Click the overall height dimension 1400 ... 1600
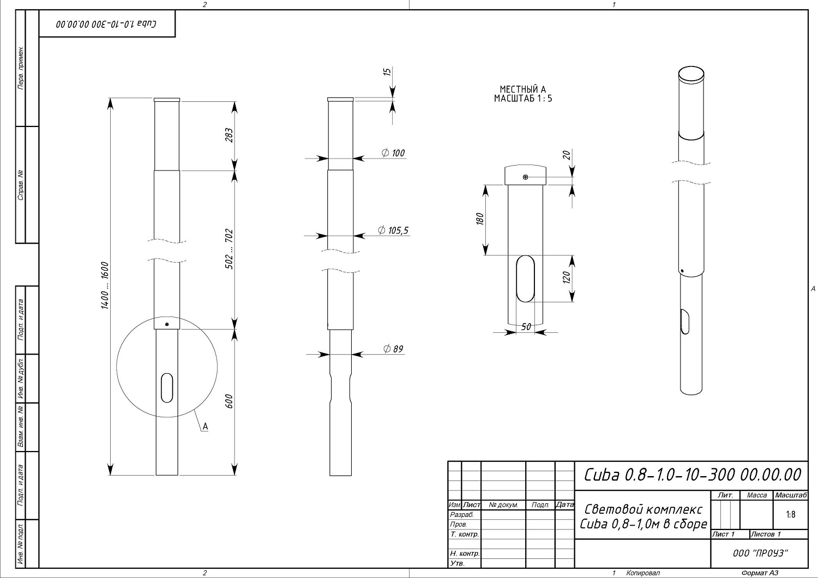(105, 285)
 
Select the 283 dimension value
(229, 135)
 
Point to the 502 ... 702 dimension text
(229, 249)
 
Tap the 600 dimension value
(229, 401)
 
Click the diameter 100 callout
(393, 153)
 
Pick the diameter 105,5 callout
(393, 230)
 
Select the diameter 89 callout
(393, 349)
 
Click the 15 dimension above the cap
(387, 71)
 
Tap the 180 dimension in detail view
(480, 218)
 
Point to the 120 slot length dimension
(567, 277)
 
